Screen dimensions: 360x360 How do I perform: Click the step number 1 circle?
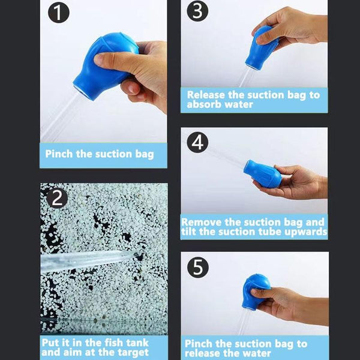(x=59, y=13)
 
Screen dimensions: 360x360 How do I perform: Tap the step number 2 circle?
(x=57, y=198)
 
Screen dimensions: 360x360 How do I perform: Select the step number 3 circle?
(x=197, y=11)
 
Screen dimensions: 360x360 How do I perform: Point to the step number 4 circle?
(x=197, y=142)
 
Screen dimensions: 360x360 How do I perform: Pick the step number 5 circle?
(x=198, y=268)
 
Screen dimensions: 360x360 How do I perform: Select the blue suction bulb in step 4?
(x=262, y=174)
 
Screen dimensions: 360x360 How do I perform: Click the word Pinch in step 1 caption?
(x=59, y=154)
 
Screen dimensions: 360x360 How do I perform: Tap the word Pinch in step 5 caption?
(x=199, y=344)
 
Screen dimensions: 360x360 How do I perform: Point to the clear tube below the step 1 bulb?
(x=59, y=117)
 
